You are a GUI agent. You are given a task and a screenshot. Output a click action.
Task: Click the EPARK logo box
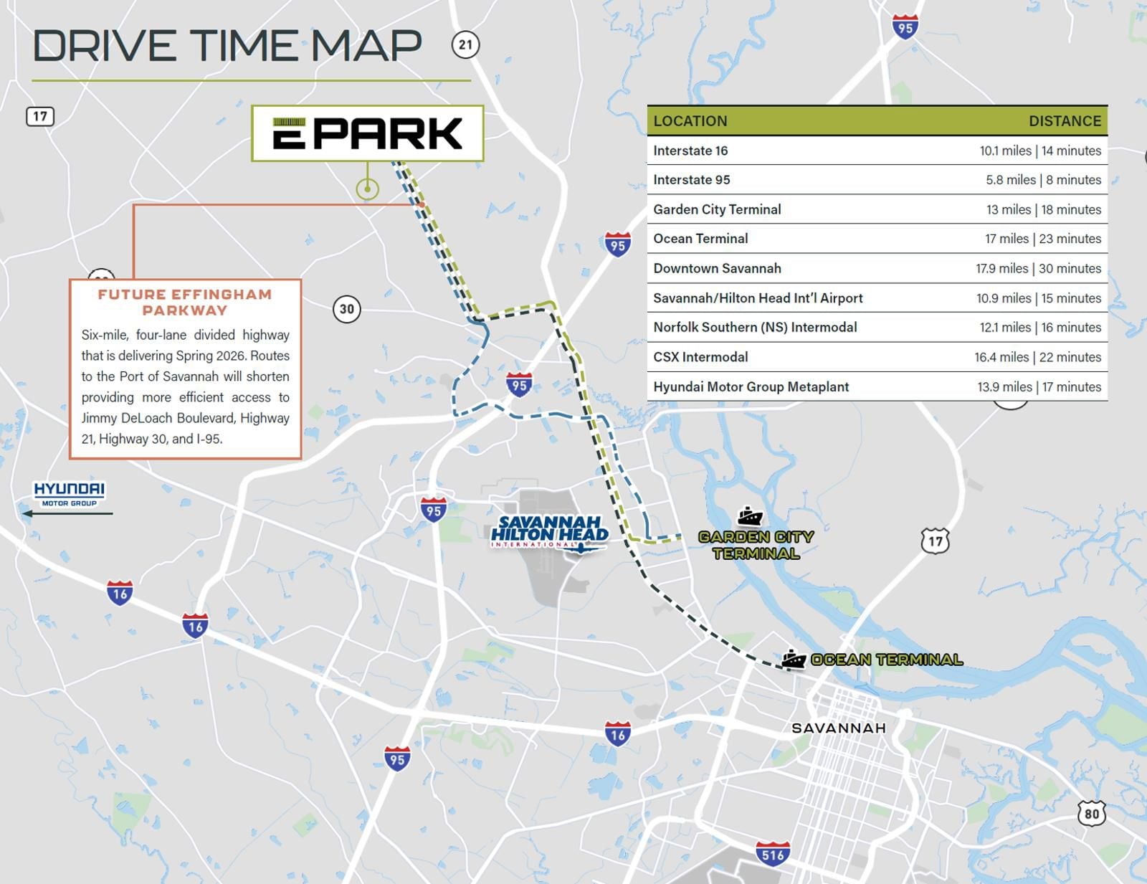pos(367,133)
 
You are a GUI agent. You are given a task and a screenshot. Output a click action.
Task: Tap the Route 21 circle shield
pos(465,45)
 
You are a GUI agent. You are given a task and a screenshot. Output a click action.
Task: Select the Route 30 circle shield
pos(347,309)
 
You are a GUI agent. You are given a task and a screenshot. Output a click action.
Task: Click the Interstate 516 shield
pos(773,854)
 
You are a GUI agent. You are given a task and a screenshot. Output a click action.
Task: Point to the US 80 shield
pos(1091,813)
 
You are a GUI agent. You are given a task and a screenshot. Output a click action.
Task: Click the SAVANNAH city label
pos(838,728)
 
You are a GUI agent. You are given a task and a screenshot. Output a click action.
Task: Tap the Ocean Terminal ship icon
pos(793,659)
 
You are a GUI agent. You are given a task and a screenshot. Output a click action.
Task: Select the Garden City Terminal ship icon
pos(750,516)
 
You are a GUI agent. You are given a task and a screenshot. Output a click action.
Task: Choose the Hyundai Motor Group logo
pos(69,493)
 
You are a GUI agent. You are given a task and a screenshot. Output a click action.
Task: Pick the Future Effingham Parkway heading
pos(185,302)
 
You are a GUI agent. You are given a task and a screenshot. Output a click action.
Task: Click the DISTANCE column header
pos(1065,121)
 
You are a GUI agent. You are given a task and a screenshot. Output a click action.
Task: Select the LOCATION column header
pos(690,121)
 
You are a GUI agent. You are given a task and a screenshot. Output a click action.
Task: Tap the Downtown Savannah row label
pos(717,268)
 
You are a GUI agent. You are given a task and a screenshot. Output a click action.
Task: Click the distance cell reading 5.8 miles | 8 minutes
pos(1043,180)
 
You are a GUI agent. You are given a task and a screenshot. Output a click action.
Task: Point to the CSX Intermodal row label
pos(700,357)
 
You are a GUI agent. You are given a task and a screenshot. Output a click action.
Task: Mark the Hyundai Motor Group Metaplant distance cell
pos(1039,387)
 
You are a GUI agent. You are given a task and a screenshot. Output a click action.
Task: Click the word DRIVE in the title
pos(105,46)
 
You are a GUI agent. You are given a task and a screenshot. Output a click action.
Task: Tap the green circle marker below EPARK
pos(367,189)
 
